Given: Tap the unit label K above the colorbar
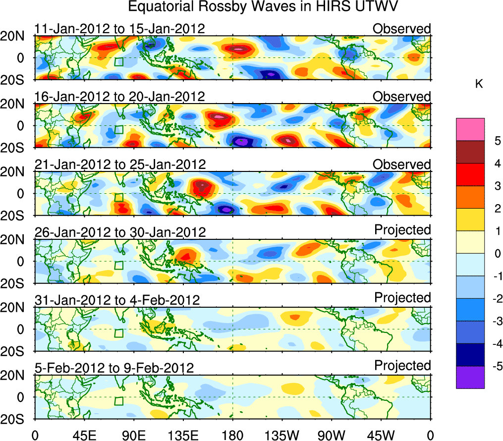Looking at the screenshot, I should (479, 84).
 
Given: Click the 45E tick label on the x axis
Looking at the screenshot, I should (84, 435).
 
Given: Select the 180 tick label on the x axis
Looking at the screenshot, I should (232, 435).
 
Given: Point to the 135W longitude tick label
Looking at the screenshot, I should (282, 435).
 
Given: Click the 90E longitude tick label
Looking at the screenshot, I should (133, 435).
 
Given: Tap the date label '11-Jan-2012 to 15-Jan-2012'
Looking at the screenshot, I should (119, 29).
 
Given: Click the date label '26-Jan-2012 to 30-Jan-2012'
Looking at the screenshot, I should (119, 232).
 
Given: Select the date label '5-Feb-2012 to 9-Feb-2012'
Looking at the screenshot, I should (114, 368).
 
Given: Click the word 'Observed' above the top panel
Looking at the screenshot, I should (402, 29).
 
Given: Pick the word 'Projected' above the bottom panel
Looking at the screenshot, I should (402, 366).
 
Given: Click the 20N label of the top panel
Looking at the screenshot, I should (16, 36).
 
